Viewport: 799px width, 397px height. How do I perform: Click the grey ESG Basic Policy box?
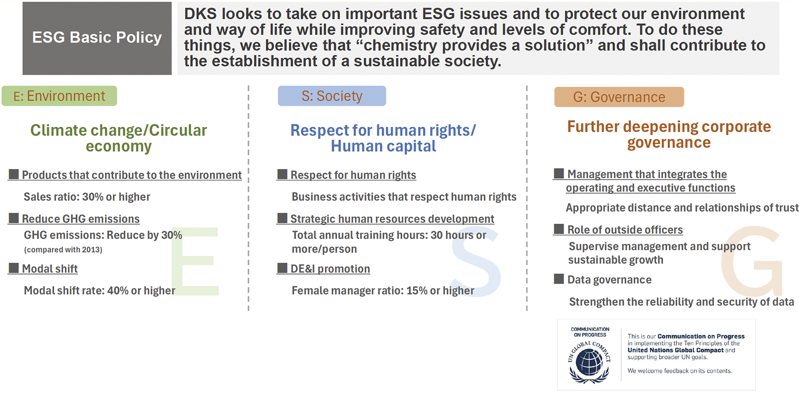coord(97,38)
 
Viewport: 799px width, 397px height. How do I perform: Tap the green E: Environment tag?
coord(59,96)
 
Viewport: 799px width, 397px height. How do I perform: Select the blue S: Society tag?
coord(332,96)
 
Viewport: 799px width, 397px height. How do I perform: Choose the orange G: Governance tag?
coord(619,97)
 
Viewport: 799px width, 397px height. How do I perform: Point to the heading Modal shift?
coord(50,269)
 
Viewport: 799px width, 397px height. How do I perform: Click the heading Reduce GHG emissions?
coord(81,219)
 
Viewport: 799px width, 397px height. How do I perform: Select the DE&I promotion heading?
coord(330,269)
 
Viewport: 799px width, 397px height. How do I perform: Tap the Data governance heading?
coord(609,280)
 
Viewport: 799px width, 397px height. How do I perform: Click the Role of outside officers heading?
coord(625,230)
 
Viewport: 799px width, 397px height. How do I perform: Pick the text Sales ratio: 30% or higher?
coord(87,197)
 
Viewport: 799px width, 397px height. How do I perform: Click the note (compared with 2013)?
coord(63,250)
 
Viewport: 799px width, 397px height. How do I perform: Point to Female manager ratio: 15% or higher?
coord(383,290)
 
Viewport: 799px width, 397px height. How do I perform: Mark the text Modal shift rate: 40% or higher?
coord(100,290)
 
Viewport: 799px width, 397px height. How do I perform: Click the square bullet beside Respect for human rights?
coord(282,174)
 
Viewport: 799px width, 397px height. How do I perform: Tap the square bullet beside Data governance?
coord(559,279)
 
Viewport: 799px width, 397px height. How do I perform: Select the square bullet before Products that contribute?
coord(14,174)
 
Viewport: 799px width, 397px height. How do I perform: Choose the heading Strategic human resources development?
coord(392,219)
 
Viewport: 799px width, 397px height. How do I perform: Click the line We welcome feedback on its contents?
coord(680,371)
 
